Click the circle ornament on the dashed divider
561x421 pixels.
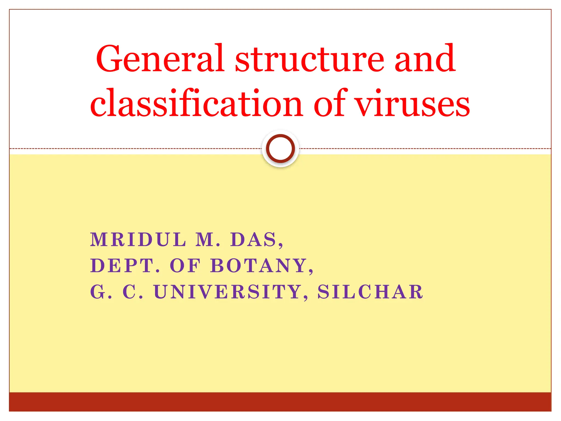pos(280,148)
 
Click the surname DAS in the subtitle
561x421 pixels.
pos(253,240)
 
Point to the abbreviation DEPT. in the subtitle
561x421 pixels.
pos(125,266)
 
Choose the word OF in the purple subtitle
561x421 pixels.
pos(185,266)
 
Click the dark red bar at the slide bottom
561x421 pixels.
pos(280,402)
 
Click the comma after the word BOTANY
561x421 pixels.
pos(311,271)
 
